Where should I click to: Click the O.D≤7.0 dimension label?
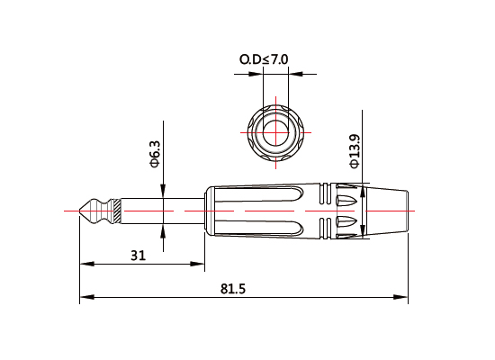(264, 59)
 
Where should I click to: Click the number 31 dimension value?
(138, 255)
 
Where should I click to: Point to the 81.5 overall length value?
(233, 288)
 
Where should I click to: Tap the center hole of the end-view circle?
(271, 132)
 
